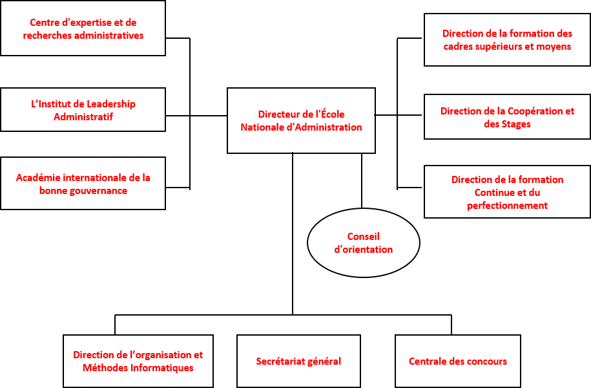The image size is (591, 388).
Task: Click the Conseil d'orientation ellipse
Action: pyautogui.click(x=308, y=242)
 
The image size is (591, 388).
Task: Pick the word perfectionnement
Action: pyautogui.click(x=507, y=206)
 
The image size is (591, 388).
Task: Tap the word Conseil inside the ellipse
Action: pyautogui.click(x=364, y=237)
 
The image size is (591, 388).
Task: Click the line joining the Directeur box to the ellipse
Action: pyautogui.click(x=362, y=180)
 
